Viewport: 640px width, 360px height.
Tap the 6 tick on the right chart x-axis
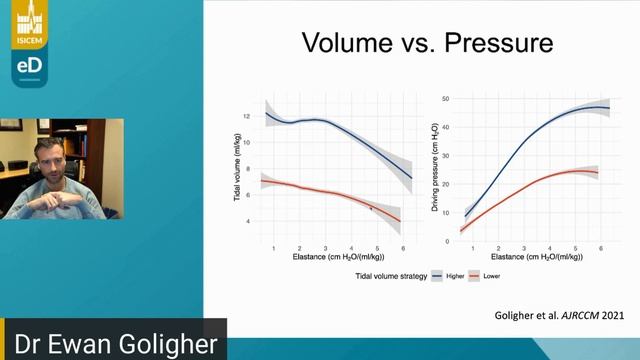(599, 246)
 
